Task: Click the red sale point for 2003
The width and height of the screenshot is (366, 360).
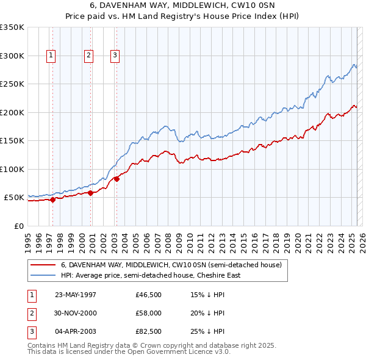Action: [117, 179]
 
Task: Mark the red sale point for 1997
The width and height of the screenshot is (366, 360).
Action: [53, 199]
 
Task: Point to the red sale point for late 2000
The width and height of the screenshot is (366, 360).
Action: [91, 193]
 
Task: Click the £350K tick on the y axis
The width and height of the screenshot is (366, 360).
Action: [12, 27]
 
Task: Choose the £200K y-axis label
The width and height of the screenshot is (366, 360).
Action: [12, 112]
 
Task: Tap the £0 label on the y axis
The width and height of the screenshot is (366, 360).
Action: [18, 226]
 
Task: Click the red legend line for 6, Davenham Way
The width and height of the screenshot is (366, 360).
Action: [43, 265]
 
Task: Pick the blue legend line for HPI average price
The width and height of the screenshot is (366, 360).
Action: [43, 275]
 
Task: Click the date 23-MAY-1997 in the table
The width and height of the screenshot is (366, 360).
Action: [76, 294]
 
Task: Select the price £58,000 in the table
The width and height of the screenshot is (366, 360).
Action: [149, 313]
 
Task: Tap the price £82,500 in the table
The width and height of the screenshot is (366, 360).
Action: [149, 332]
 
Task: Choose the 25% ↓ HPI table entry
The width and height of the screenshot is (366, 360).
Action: [207, 332]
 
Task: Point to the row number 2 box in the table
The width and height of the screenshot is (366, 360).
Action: [30, 313]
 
